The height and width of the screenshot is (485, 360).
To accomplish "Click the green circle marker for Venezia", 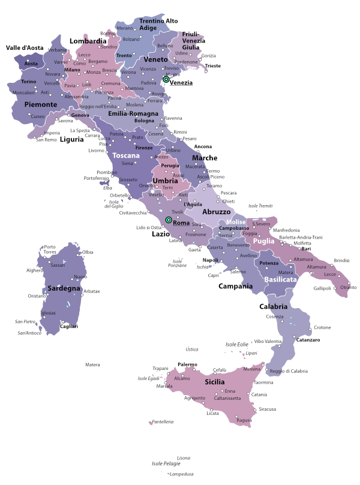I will [x=166, y=79].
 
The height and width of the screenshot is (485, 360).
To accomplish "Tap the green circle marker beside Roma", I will [x=169, y=221].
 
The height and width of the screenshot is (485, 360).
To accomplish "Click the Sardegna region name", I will [x=64, y=288].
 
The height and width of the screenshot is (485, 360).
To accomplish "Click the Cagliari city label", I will [x=69, y=326].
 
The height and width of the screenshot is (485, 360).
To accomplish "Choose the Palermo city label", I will [x=187, y=364].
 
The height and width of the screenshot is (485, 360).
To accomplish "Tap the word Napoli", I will [x=210, y=260].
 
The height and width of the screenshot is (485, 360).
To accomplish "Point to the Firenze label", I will [x=144, y=147].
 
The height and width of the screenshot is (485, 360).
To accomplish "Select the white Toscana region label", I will [x=125, y=155].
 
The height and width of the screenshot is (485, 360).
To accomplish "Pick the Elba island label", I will [x=108, y=188].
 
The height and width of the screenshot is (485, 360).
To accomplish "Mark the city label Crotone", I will [x=322, y=327].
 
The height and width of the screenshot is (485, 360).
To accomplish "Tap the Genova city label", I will [x=80, y=115].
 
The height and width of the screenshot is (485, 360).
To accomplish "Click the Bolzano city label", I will [x=131, y=40].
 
